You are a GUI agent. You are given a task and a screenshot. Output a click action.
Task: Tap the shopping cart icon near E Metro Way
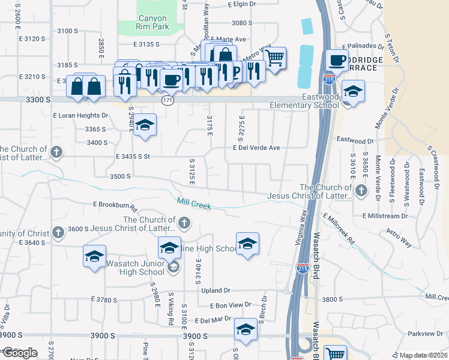[x=274, y=59]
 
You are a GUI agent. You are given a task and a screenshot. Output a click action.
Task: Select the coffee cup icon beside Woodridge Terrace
[x=337, y=61]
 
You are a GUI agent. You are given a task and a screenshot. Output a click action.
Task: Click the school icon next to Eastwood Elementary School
[x=352, y=92]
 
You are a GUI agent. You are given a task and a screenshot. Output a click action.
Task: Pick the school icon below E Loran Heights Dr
[x=144, y=125]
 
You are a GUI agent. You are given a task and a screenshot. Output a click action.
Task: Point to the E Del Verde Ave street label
[x=256, y=148]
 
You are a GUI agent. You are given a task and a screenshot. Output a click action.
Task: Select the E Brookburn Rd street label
[x=115, y=205]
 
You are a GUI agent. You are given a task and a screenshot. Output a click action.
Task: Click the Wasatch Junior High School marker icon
[x=173, y=267]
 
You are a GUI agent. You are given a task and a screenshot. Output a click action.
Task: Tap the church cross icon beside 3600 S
[x=58, y=232]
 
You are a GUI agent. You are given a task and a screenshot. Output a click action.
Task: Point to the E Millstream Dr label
[x=385, y=215]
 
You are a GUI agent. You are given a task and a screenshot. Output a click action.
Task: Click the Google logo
[x=19, y=353]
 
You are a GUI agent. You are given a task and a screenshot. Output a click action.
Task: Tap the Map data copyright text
[x=423, y=355]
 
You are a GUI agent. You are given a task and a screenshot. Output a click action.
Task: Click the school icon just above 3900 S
[x=246, y=329]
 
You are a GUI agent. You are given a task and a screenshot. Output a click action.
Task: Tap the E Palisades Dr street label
[x=363, y=46]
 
